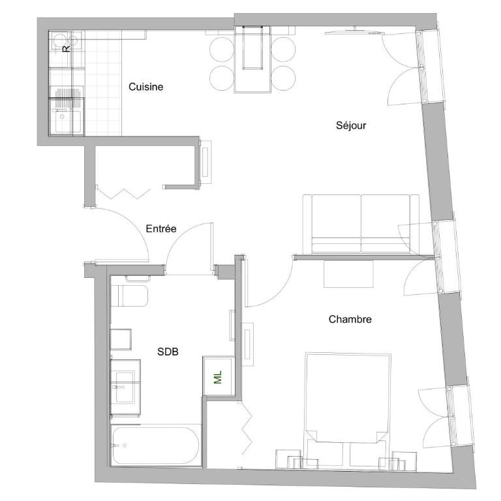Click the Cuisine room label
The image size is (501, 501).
click(145, 87)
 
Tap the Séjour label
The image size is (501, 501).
click(351, 125)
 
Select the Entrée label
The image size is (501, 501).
click(161, 228)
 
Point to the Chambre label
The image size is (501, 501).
click(350, 319)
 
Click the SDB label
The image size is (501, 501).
click(168, 352)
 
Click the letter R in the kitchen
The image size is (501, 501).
click(66, 48)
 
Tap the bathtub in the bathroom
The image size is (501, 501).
click(156, 446)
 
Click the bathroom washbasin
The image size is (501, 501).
click(125, 387)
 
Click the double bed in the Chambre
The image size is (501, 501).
click(348, 410)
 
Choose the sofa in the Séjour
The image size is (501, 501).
click(361, 224)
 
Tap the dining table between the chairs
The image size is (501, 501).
click(252, 60)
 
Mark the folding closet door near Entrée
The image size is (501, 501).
click(124, 194)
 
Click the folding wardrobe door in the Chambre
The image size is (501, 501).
click(246, 428)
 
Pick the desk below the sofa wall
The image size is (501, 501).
click(348, 274)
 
